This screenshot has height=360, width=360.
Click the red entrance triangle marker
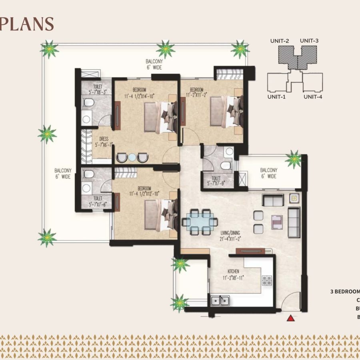tap(291, 318)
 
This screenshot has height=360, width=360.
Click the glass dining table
tap(200, 221)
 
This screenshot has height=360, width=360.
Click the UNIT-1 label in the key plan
tap(277, 96)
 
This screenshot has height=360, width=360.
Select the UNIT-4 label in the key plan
tap(313, 96)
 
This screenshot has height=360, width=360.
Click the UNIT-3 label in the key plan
tap(309, 40)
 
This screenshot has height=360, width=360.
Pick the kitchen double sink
tap(219, 300)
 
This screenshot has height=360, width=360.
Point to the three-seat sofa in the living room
tap(294, 222)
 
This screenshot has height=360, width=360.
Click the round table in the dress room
tap(132, 157)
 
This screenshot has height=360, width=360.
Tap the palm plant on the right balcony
tap(294, 159)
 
